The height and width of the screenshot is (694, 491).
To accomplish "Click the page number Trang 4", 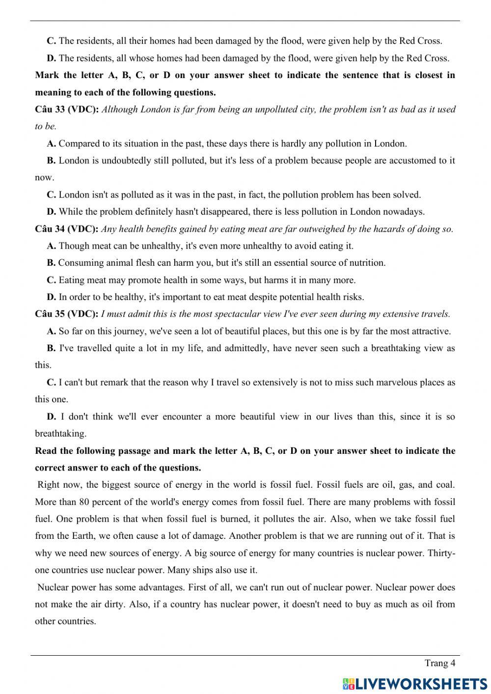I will (440, 664).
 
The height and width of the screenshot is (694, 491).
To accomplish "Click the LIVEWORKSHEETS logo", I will (415, 684).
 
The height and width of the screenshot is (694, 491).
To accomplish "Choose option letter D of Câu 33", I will (51, 212).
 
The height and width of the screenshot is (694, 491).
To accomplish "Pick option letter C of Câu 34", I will (51, 280).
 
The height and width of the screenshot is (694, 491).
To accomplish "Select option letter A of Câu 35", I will (51, 331).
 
